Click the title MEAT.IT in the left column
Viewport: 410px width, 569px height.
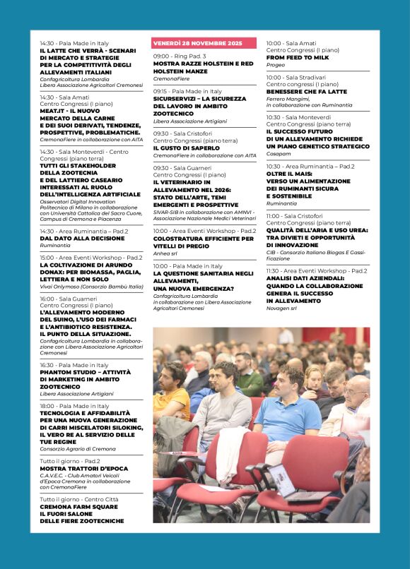coord(52,111)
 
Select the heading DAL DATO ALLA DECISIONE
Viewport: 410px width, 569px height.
coord(82,238)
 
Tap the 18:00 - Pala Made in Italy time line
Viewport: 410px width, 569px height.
coord(74,406)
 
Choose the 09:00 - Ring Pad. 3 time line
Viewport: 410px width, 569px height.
coord(180,56)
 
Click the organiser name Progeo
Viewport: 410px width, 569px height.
coord(276,65)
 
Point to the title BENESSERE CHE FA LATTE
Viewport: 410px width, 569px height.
coord(307,91)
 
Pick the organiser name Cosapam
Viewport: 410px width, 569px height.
coord(279,153)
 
